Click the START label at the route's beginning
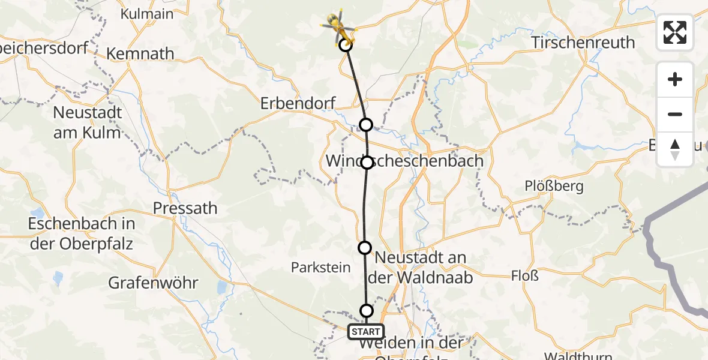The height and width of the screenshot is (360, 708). (365, 331)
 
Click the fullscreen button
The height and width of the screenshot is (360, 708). (675, 32)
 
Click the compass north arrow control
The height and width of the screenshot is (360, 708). (675, 149)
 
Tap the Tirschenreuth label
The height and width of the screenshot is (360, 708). (583, 43)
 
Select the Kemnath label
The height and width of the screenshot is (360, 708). (140, 54)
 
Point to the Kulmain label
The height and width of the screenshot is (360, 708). (147, 14)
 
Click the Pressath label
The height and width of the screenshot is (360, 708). (185, 208)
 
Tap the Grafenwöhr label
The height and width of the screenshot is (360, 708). (154, 283)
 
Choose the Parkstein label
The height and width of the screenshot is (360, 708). (320, 268)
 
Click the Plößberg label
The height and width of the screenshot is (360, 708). (554, 186)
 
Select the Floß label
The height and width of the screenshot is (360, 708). (524, 277)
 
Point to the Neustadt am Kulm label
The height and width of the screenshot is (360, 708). (88, 122)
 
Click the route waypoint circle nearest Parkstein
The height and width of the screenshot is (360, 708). (365, 247)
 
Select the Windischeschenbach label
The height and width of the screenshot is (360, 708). (404, 161)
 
